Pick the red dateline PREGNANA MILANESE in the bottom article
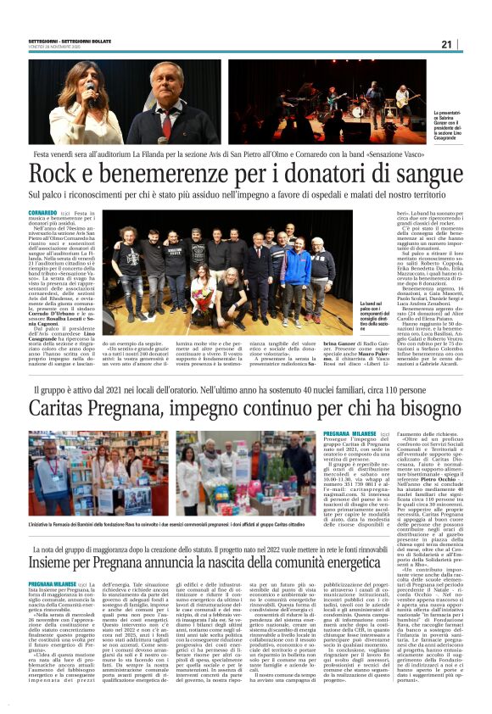pos(53,584)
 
